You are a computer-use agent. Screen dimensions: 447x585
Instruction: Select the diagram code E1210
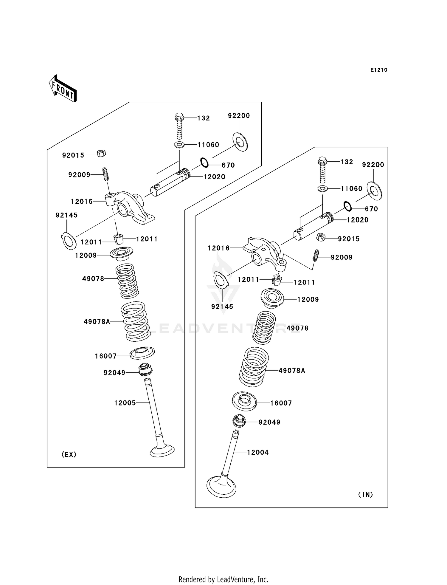[379, 70]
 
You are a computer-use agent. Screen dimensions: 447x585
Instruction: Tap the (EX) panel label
[69, 454]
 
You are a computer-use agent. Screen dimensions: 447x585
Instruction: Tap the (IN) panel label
[366, 495]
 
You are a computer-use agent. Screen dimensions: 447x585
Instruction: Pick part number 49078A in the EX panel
[97, 322]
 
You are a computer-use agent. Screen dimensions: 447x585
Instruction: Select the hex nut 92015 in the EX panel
[101, 153]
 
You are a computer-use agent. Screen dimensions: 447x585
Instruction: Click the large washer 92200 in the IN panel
[374, 191]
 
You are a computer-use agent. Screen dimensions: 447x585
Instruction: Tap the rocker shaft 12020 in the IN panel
[313, 226]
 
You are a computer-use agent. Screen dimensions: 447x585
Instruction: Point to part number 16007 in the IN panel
[281, 403]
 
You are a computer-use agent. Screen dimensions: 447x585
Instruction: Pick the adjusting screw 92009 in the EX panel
[105, 174]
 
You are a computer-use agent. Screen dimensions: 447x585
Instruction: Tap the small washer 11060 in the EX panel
[179, 145]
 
